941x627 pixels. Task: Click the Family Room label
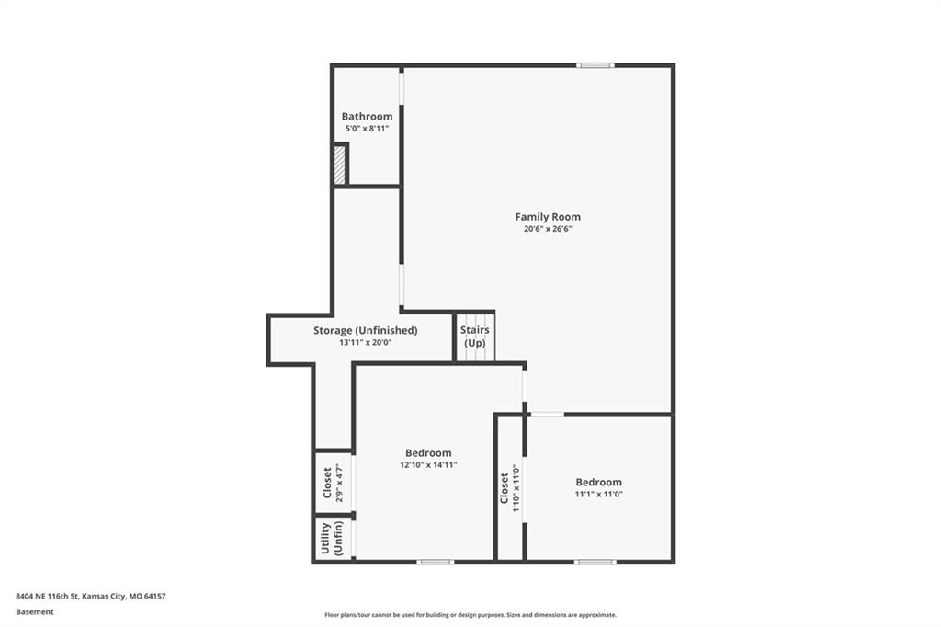548,217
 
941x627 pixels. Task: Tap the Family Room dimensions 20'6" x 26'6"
548,229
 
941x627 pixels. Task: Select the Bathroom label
367,117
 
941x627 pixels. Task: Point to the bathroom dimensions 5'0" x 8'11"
367,129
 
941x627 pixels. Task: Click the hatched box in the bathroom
340,165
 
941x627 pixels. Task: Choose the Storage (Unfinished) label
365,330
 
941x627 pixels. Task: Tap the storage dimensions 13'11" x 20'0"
365,343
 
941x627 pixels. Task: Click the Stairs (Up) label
475,336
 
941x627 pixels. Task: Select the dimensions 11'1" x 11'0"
598,495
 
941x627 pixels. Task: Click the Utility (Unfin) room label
332,538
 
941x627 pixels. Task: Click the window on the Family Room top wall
595,65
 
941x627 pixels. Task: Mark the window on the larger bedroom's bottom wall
435,562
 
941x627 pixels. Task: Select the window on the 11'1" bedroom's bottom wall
595,562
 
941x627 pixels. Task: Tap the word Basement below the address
35,612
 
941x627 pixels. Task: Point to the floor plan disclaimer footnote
470,615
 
